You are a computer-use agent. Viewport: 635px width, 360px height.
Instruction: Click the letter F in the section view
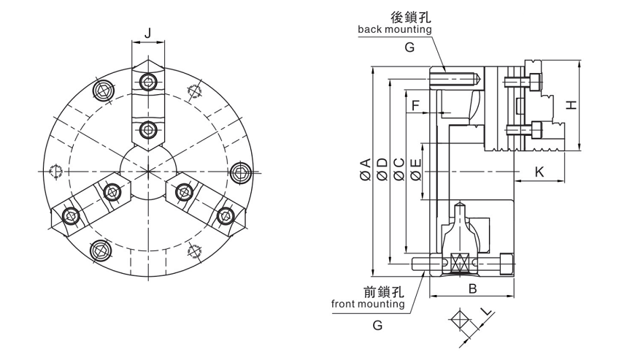pos(415,106)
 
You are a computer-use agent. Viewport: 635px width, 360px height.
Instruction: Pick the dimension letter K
pos(539,172)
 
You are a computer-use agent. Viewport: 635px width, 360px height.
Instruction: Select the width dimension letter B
pos(472,289)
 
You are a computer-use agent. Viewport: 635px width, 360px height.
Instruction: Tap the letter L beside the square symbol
pos(485,313)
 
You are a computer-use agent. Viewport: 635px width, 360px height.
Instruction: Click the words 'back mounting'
pos(394,30)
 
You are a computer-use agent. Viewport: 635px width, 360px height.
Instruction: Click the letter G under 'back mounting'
pos(409,47)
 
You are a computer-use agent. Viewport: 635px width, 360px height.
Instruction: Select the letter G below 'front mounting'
pos(377,326)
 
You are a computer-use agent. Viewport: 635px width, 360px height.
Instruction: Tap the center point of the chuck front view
pos(147,172)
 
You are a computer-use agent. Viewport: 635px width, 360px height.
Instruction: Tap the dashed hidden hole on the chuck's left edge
pos(54,172)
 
